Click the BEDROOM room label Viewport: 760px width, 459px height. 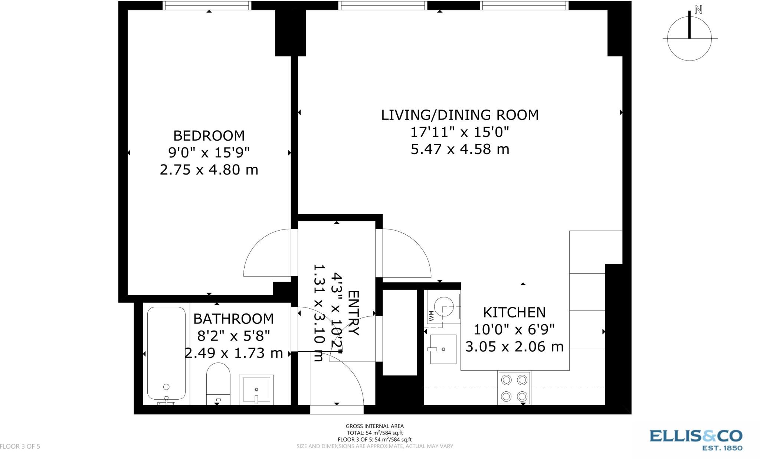point(209,136)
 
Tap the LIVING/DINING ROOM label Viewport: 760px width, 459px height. point(460,115)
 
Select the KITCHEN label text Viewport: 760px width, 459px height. point(514,312)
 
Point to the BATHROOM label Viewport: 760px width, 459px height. point(233,319)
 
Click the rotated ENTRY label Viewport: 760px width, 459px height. point(354,313)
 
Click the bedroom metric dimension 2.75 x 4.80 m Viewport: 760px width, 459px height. point(209,170)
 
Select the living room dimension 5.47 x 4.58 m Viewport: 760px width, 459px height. point(460,149)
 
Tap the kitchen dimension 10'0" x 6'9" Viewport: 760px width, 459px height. point(514,329)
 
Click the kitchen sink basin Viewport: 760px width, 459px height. point(443,349)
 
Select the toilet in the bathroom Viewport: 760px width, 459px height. point(218,384)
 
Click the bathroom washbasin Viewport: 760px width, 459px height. point(256,389)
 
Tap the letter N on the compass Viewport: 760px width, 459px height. point(698,10)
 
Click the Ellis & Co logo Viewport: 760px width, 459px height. point(696,440)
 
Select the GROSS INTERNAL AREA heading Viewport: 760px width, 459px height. point(375,426)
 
